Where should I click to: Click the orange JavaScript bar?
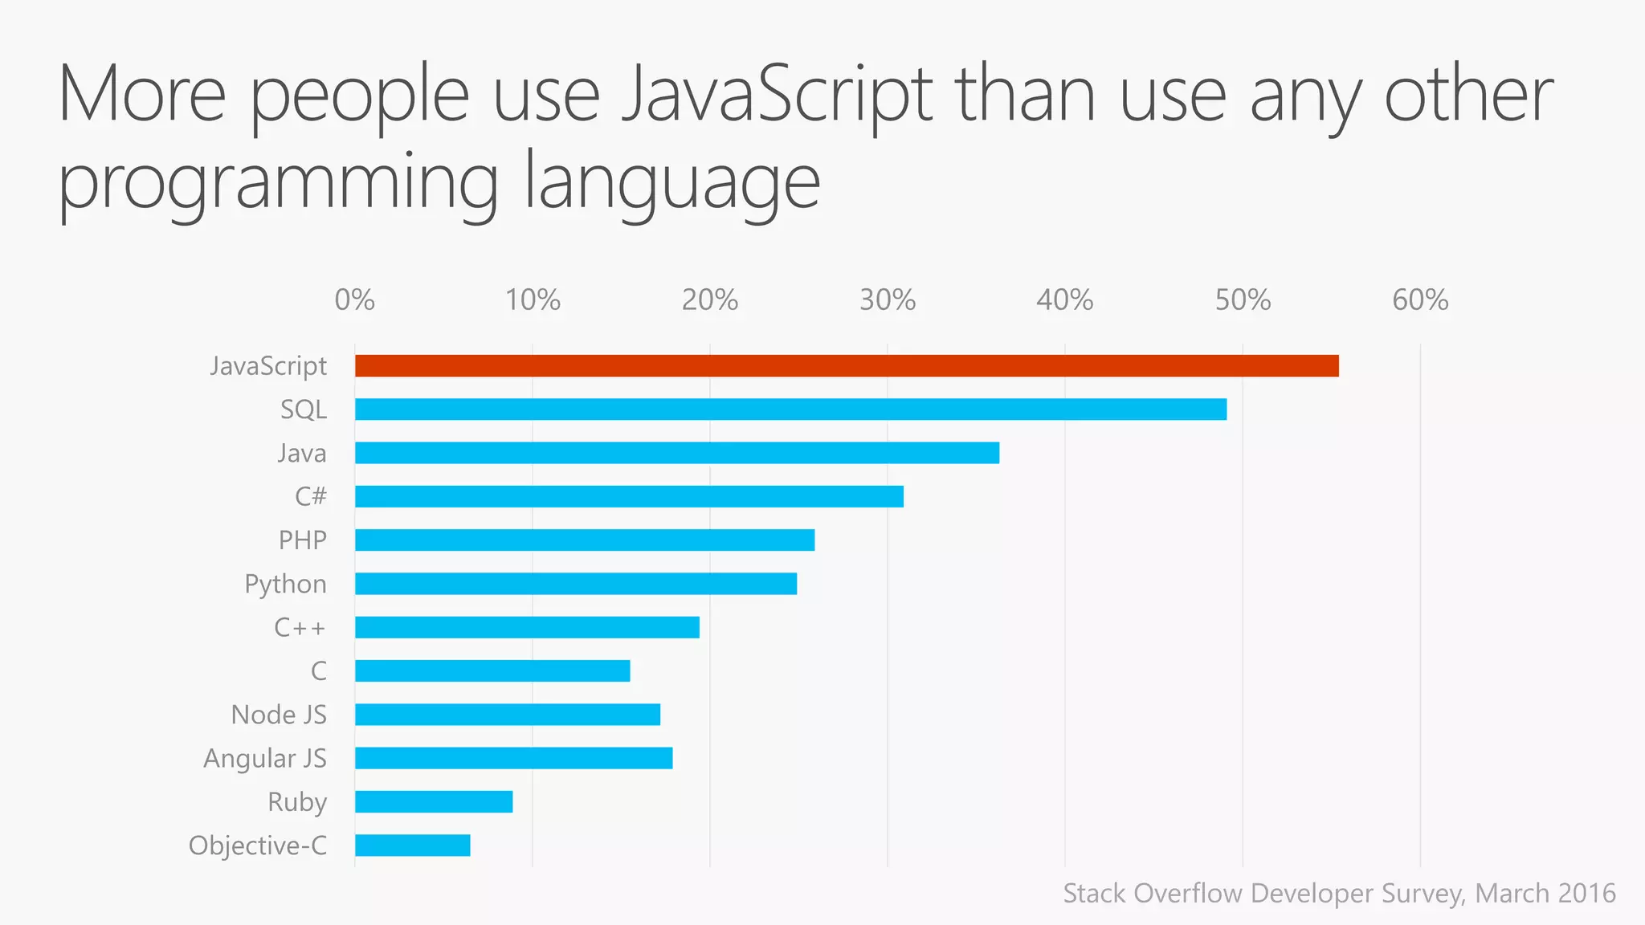(847, 366)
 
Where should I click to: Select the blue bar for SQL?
(790, 410)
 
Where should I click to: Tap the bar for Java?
(677, 453)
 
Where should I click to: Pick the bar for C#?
(629, 496)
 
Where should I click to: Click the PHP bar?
(585, 540)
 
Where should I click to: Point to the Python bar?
(576, 584)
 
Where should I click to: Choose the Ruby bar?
(434, 801)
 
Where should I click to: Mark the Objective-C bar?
(413, 846)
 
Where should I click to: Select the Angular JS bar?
(514, 758)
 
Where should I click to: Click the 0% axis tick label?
(354, 300)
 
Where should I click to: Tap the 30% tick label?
(887, 300)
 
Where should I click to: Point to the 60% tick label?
(1419, 300)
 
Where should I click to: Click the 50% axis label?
(1242, 300)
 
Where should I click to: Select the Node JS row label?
(279, 715)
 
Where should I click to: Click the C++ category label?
(300, 627)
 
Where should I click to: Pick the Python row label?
(285, 585)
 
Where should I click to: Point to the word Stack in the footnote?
(1094, 893)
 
